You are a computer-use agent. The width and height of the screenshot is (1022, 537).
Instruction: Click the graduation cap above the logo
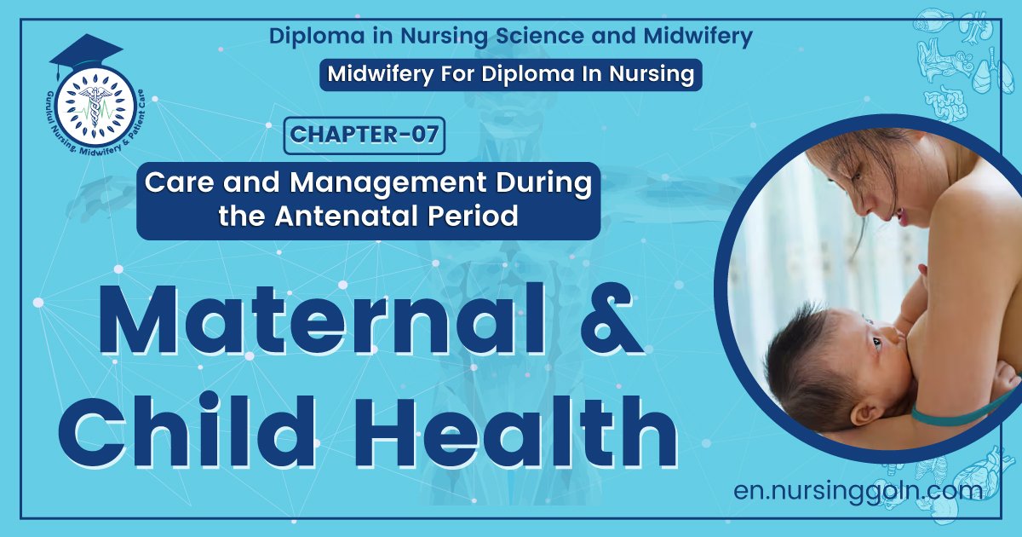click(x=86, y=53)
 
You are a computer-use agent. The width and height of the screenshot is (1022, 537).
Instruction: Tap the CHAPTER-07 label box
click(x=365, y=136)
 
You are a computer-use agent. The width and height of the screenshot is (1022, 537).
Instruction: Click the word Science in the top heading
click(x=489, y=36)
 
